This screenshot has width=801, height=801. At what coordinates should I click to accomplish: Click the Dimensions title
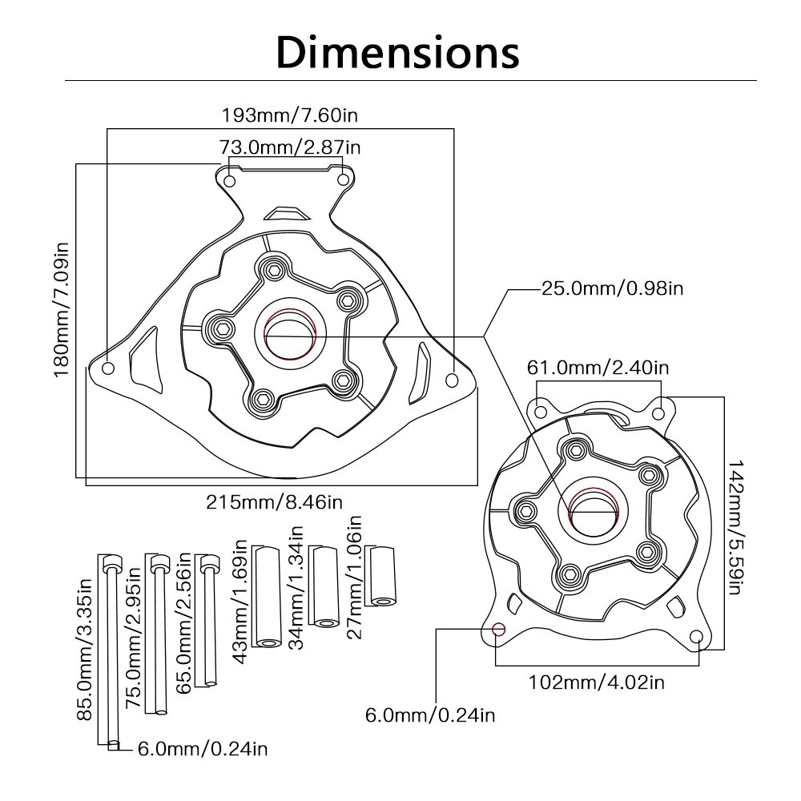398,53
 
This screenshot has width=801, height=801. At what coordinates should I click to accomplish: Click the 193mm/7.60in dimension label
289,115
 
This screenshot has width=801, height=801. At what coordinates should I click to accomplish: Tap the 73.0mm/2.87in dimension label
290,147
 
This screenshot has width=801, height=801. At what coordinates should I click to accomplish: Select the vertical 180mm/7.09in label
62,309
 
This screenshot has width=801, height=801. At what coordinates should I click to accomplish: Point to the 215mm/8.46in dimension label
274,502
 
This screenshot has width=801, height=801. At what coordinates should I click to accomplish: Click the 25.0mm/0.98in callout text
612,288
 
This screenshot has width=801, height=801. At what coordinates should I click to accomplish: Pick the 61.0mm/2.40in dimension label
598,368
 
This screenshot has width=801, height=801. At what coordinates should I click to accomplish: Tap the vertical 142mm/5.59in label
734,527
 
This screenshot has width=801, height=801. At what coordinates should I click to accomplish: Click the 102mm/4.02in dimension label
596,682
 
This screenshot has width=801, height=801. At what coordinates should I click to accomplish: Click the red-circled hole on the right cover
498,629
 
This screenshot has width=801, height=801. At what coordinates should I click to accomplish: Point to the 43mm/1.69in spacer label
239,602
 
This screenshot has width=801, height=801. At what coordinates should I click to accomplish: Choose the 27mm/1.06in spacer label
354,578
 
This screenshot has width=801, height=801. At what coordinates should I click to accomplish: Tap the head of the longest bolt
112,563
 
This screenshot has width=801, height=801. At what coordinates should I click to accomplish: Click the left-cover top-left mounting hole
230,181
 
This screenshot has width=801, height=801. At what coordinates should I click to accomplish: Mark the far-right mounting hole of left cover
452,380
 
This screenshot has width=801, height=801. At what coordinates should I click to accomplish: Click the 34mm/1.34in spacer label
296,587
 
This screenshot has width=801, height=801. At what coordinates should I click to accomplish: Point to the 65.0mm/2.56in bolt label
183,623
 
